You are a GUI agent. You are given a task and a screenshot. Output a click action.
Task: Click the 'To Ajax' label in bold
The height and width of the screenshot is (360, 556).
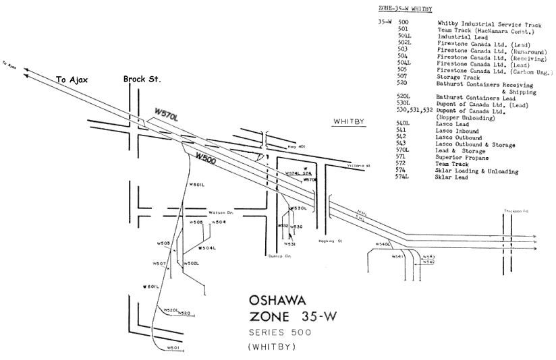point(72,80)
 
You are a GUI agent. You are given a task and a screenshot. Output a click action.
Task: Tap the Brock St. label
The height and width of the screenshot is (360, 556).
point(142,80)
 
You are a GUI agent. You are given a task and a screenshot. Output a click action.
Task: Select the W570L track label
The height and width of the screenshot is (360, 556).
point(167,115)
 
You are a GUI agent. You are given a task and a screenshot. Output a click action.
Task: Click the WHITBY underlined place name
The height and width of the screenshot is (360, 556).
point(349,121)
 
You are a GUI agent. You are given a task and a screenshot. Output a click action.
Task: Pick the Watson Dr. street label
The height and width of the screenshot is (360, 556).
point(221,212)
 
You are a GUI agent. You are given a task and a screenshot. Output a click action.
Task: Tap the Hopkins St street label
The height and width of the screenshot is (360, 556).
point(328,241)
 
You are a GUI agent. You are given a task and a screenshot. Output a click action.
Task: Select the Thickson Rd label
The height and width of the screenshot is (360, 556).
point(516,211)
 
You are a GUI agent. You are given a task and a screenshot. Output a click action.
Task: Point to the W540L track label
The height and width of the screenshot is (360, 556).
point(383,243)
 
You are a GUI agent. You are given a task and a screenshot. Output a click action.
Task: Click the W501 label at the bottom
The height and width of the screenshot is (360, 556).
point(173,347)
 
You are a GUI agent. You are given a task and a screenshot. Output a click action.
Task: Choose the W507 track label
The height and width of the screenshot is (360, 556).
point(159,263)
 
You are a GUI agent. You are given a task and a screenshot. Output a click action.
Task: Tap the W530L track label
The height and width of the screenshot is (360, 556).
point(300,208)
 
